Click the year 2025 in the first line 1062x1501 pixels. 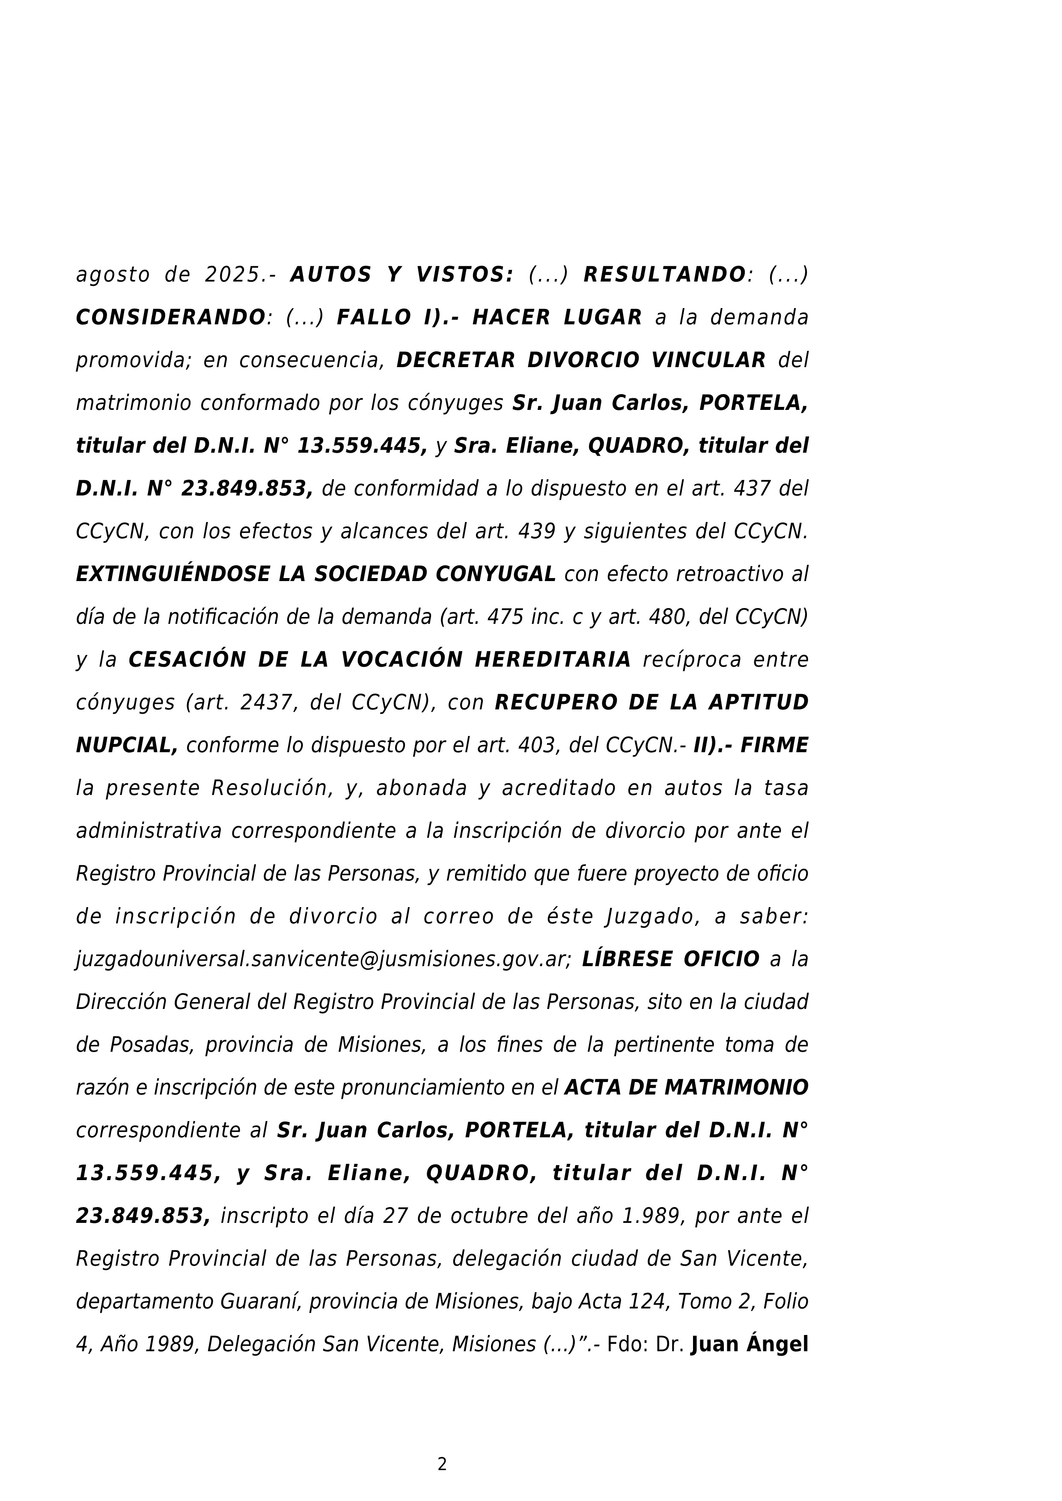point(232,275)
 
